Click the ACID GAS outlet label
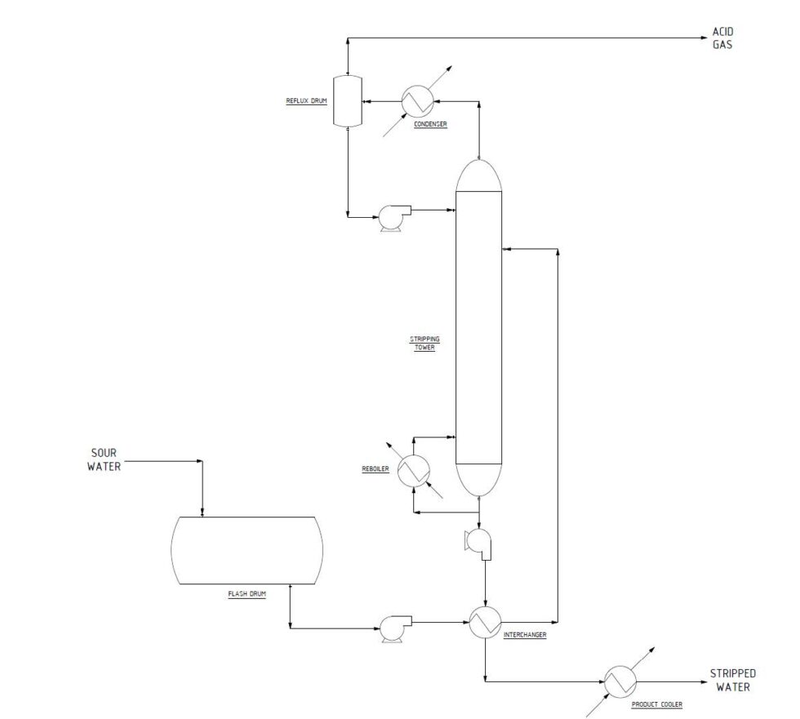722,38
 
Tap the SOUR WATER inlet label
104,459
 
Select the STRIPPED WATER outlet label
732,680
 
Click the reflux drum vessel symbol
349,101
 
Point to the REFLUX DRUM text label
305,101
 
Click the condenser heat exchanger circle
417,101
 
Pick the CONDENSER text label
431,124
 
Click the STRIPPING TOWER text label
423,343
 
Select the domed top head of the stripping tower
478,175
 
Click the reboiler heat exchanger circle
415,471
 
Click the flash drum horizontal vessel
247,551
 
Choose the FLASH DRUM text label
247,593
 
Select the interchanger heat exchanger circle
485,624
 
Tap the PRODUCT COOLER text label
656,703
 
